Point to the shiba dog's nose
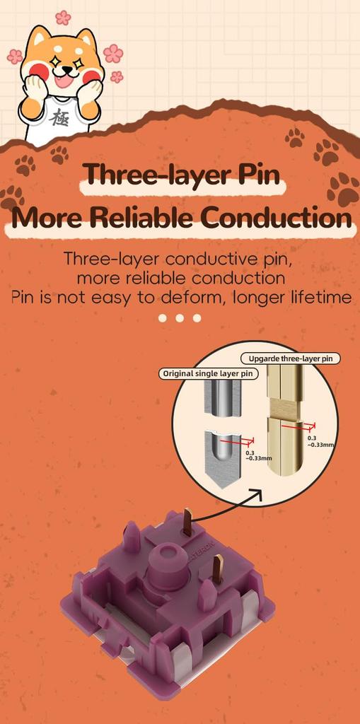coord(67,70)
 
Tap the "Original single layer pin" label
coord(209,373)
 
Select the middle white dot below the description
coord(180,317)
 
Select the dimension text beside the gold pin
coord(320,441)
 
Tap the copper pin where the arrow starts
coord(187,521)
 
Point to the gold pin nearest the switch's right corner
coord(218,569)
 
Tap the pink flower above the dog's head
coord(64,18)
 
